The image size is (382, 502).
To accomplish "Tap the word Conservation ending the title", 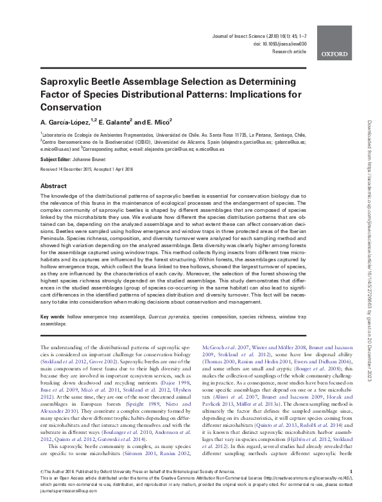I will (x=72, y=107).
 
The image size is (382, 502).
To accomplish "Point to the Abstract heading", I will (x=54, y=186).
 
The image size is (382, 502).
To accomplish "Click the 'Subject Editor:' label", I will (x=57, y=158).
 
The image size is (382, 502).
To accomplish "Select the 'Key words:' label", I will (x=53, y=317).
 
